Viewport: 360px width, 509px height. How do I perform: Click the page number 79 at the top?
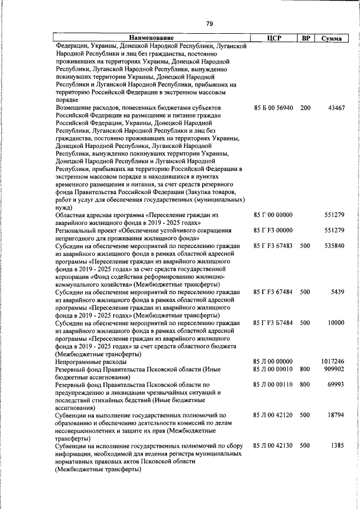click(209, 24)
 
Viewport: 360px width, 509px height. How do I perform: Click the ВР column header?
click(305, 38)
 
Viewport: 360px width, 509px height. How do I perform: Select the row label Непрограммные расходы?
click(91, 362)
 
